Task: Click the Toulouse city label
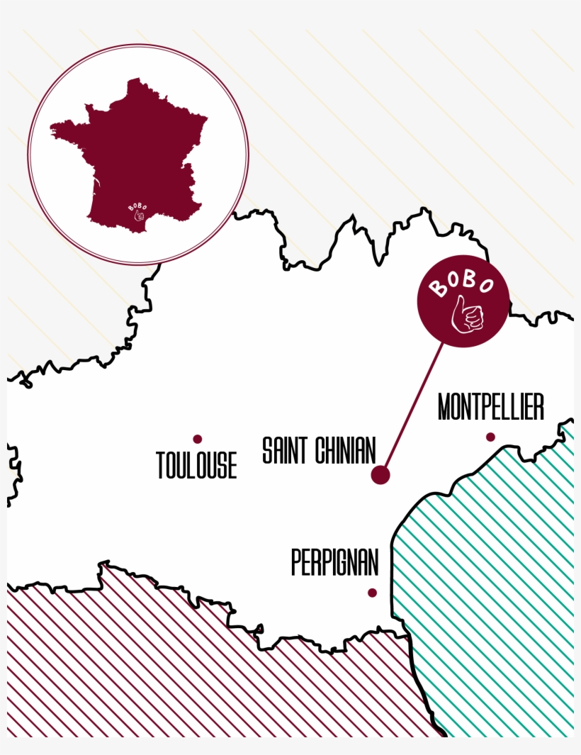(x=196, y=466)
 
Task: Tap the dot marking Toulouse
(x=198, y=439)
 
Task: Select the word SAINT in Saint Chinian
(x=285, y=451)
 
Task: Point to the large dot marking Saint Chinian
(x=380, y=475)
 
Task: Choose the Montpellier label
(x=490, y=408)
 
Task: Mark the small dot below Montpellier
(x=490, y=437)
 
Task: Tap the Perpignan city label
(x=334, y=563)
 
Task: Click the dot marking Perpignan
(x=372, y=593)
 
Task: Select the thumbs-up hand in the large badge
(x=468, y=315)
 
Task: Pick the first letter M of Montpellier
(x=445, y=408)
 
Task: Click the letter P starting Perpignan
(x=297, y=563)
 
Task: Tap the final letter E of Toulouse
(x=231, y=466)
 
